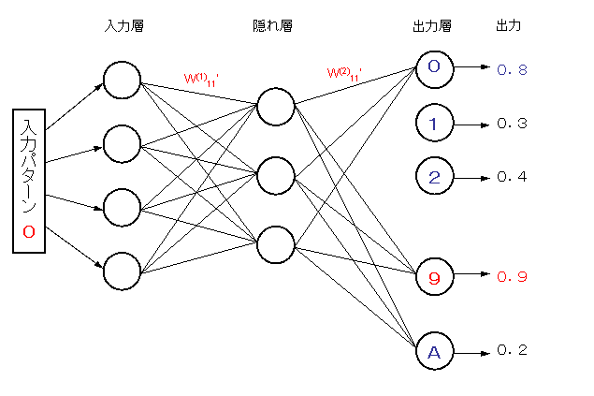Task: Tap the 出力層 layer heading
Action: coord(432,26)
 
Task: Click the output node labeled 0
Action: coord(433,68)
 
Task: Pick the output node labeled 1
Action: coord(433,123)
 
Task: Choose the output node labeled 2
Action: coord(433,176)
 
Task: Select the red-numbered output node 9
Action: coord(433,276)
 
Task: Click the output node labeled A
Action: coord(433,351)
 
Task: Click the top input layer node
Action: coord(122,80)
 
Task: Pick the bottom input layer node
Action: coord(122,271)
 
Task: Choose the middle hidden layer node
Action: coord(275,174)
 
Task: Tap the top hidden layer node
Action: coord(275,106)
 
